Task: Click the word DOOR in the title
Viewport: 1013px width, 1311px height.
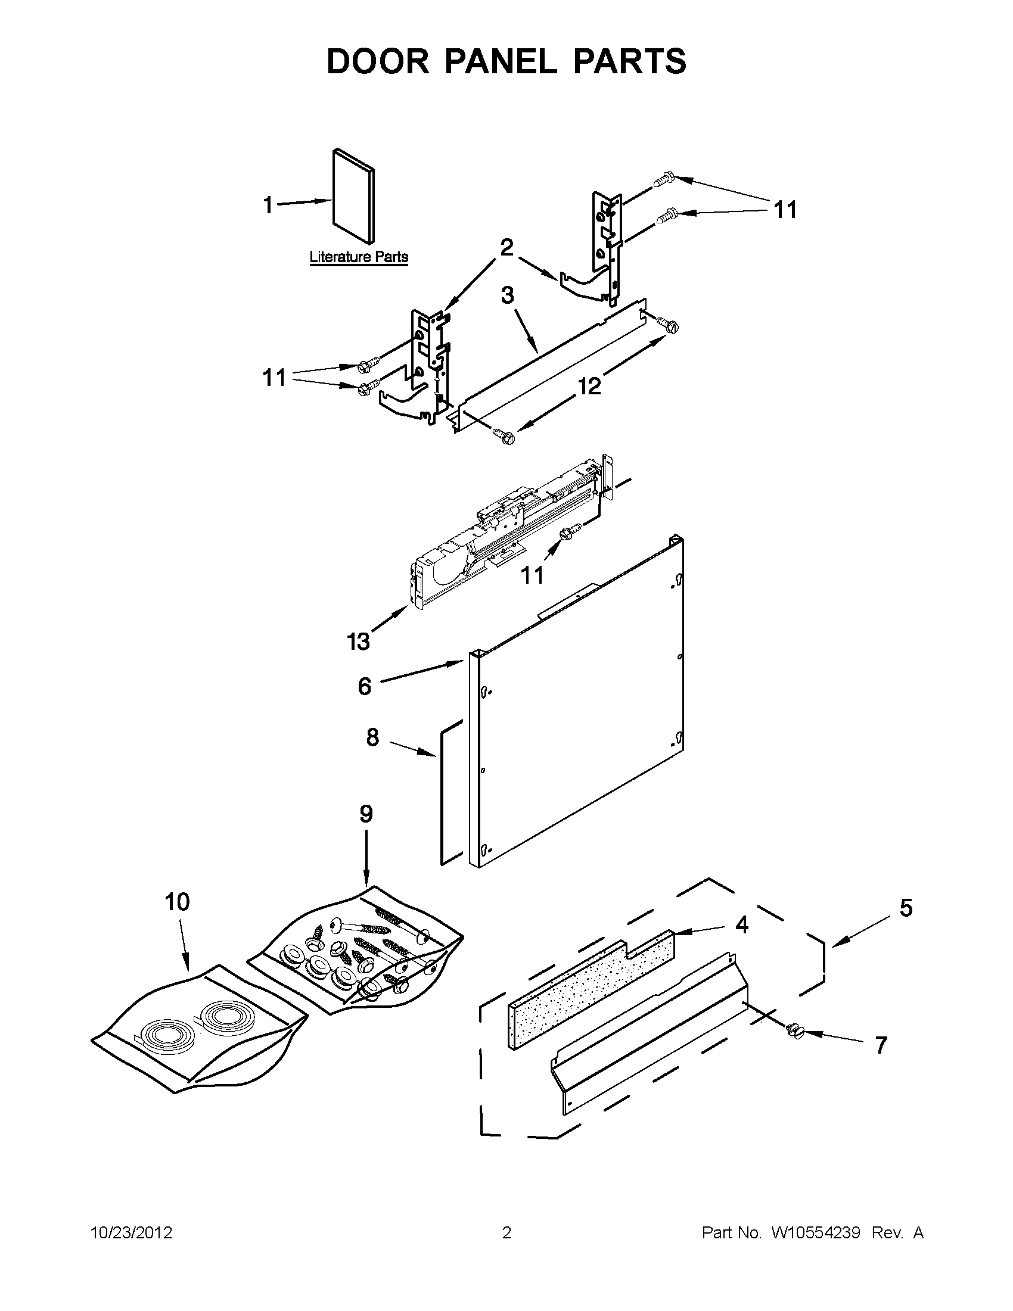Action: (x=378, y=61)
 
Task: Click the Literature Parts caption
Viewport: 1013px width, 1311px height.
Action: (x=359, y=257)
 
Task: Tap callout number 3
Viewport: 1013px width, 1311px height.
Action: (x=508, y=295)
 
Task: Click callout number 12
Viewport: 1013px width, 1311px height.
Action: (x=589, y=387)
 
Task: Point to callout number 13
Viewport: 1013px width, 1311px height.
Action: (x=359, y=642)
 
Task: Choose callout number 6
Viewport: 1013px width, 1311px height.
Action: (x=365, y=686)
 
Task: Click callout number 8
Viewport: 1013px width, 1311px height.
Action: (x=372, y=738)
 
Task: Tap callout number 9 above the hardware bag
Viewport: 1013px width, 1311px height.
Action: (x=366, y=815)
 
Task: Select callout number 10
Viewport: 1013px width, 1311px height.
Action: (x=177, y=902)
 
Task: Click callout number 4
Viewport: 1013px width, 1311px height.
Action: (x=742, y=925)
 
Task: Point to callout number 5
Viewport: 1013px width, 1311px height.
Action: (x=906, y=908)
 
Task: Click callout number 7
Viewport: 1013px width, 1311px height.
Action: (x=880, y=1045)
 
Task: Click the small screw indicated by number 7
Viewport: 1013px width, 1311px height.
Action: (x=794, y=1030)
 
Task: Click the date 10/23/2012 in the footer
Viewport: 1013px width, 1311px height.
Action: (x=131, y=1233)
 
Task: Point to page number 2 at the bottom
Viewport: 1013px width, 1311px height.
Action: (x=506, y=1233)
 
